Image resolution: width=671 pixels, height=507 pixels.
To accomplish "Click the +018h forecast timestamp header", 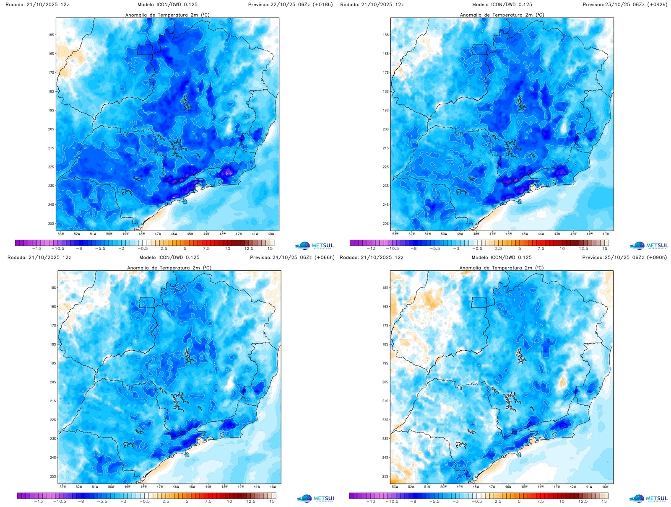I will [x=290, y=5].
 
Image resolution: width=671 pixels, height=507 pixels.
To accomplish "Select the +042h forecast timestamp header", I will [x=625, y=5].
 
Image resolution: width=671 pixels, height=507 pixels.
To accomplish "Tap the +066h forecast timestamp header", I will [x=292, y=257].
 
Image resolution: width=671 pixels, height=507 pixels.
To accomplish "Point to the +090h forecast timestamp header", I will [x=624, y=257].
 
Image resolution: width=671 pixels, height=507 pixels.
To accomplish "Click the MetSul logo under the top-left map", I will [x=315, y=246].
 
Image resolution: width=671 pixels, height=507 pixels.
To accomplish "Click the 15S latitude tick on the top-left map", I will [x=51, y=35].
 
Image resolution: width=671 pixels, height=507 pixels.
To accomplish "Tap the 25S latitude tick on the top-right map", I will [x=386, y=223].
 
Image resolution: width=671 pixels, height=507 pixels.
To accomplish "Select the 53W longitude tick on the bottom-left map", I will [x=62, y=487].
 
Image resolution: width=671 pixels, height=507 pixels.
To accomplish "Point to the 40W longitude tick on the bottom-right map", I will [x=605, y=487].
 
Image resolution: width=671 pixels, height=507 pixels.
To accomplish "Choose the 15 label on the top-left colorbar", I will [x=270, y=248].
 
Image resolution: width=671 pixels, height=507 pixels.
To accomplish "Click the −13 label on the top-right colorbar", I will [x=371, y=248].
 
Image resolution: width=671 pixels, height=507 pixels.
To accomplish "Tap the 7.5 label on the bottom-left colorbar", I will [x=208, y=501].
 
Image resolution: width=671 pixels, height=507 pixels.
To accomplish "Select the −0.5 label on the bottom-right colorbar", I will [x=477, y=501].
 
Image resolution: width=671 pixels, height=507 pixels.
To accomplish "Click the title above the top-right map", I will [x=502, y=15].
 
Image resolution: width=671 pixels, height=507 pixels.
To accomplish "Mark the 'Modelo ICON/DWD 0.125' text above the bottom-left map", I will [x=169, y=257].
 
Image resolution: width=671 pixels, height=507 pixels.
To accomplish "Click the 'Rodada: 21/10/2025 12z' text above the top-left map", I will [x=38, y=5].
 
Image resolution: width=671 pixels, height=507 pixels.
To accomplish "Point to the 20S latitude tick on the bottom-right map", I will [x=385, y=382].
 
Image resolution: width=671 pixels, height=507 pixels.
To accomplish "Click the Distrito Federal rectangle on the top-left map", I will [x=146, y=49].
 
